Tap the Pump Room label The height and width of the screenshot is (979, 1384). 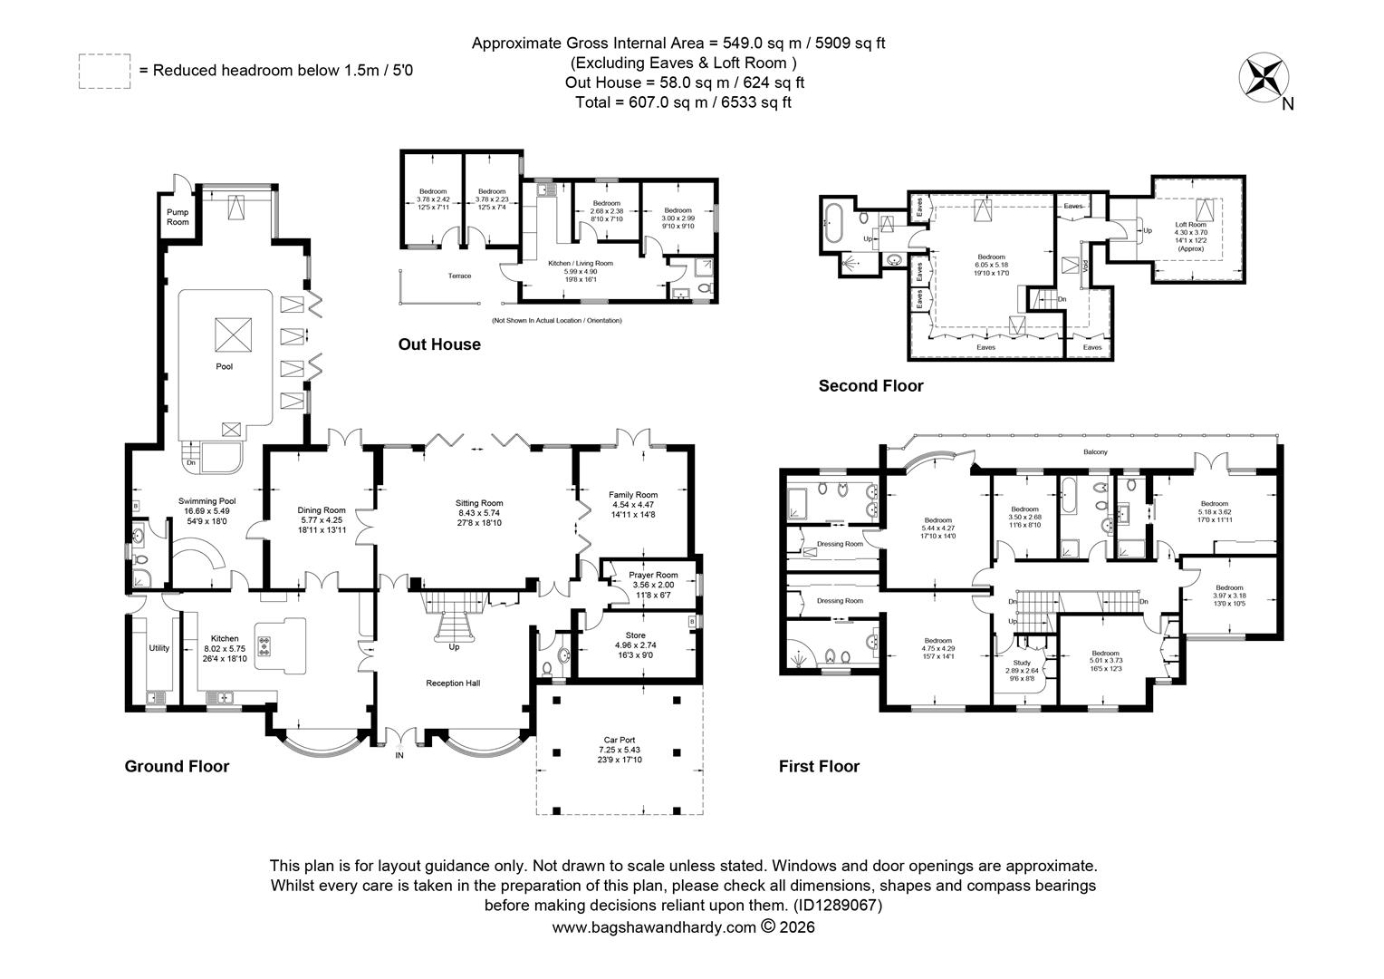point(178,217)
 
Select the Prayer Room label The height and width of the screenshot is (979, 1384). point(653,575)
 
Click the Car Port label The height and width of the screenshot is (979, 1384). point(620,741)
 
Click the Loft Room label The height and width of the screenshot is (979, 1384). point(1190,224)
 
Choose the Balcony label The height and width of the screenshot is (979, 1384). point(1095,451)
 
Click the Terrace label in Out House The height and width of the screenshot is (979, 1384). point(459,276)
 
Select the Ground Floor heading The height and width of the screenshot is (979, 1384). point(177,767)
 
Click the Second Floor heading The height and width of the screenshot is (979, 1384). point(870,386)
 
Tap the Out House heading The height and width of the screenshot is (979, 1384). point(439,344)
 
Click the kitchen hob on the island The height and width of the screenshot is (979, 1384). point(264,645)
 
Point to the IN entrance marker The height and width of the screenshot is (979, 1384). point(399,754)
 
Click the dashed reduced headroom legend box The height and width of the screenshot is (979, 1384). point(104,71)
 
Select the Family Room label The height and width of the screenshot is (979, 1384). point(632,495)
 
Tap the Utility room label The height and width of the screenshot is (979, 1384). point(159,648)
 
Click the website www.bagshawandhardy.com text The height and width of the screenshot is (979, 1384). point(653,927)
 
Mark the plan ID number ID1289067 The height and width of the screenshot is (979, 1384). point(837,906)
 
